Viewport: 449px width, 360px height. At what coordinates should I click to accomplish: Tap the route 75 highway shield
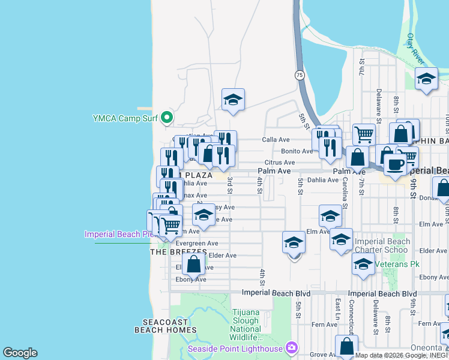click(300, 75)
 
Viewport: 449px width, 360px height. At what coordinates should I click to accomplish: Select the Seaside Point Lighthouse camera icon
click(292, 348)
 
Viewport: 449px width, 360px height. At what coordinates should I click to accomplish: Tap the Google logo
click(20, 353)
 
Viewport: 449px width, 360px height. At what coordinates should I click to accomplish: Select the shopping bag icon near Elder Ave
click(194, 264)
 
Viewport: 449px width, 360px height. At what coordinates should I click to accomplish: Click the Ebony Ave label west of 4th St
click(191, 280)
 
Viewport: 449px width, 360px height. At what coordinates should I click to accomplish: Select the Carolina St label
click(345, 196)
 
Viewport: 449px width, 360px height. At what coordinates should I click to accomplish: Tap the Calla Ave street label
click(276, 140)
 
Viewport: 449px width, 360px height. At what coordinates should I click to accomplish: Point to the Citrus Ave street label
click(280, 163)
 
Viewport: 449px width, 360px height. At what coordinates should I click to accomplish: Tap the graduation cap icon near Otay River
click(426, 79)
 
